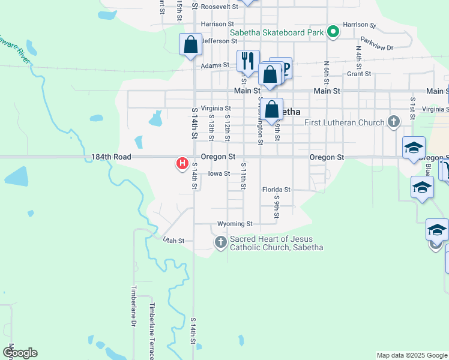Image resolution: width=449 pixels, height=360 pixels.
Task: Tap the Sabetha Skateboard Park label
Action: pos(277,32)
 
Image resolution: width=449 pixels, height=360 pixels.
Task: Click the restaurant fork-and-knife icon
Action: pos(247,60)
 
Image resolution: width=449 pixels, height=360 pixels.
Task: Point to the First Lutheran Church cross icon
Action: pos(394,122)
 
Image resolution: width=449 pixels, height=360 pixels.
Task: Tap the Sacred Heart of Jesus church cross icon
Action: pos(220,242)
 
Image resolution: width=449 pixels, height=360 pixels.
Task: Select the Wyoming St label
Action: pos(235,224)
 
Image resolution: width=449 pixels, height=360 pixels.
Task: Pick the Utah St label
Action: pos(173,241)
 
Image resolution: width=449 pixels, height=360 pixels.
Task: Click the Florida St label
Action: pos(276,190)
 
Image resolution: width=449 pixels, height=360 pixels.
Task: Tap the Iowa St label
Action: pos(219,174)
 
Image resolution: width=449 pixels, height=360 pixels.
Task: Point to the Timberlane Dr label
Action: pos(133,305)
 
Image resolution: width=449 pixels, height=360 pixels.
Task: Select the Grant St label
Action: pos(359,74)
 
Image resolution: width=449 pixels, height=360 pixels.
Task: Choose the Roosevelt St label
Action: pos(217,7)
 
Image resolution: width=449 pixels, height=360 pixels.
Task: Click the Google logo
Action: pos(20,353)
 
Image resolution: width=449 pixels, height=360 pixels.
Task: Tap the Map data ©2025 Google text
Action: pos(412,355)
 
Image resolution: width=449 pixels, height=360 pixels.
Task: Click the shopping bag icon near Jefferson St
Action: pos(190,44)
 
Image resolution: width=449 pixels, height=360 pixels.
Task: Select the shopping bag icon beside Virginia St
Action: pos(272,110)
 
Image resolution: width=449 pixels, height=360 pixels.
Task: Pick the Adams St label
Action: pos(215,65)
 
